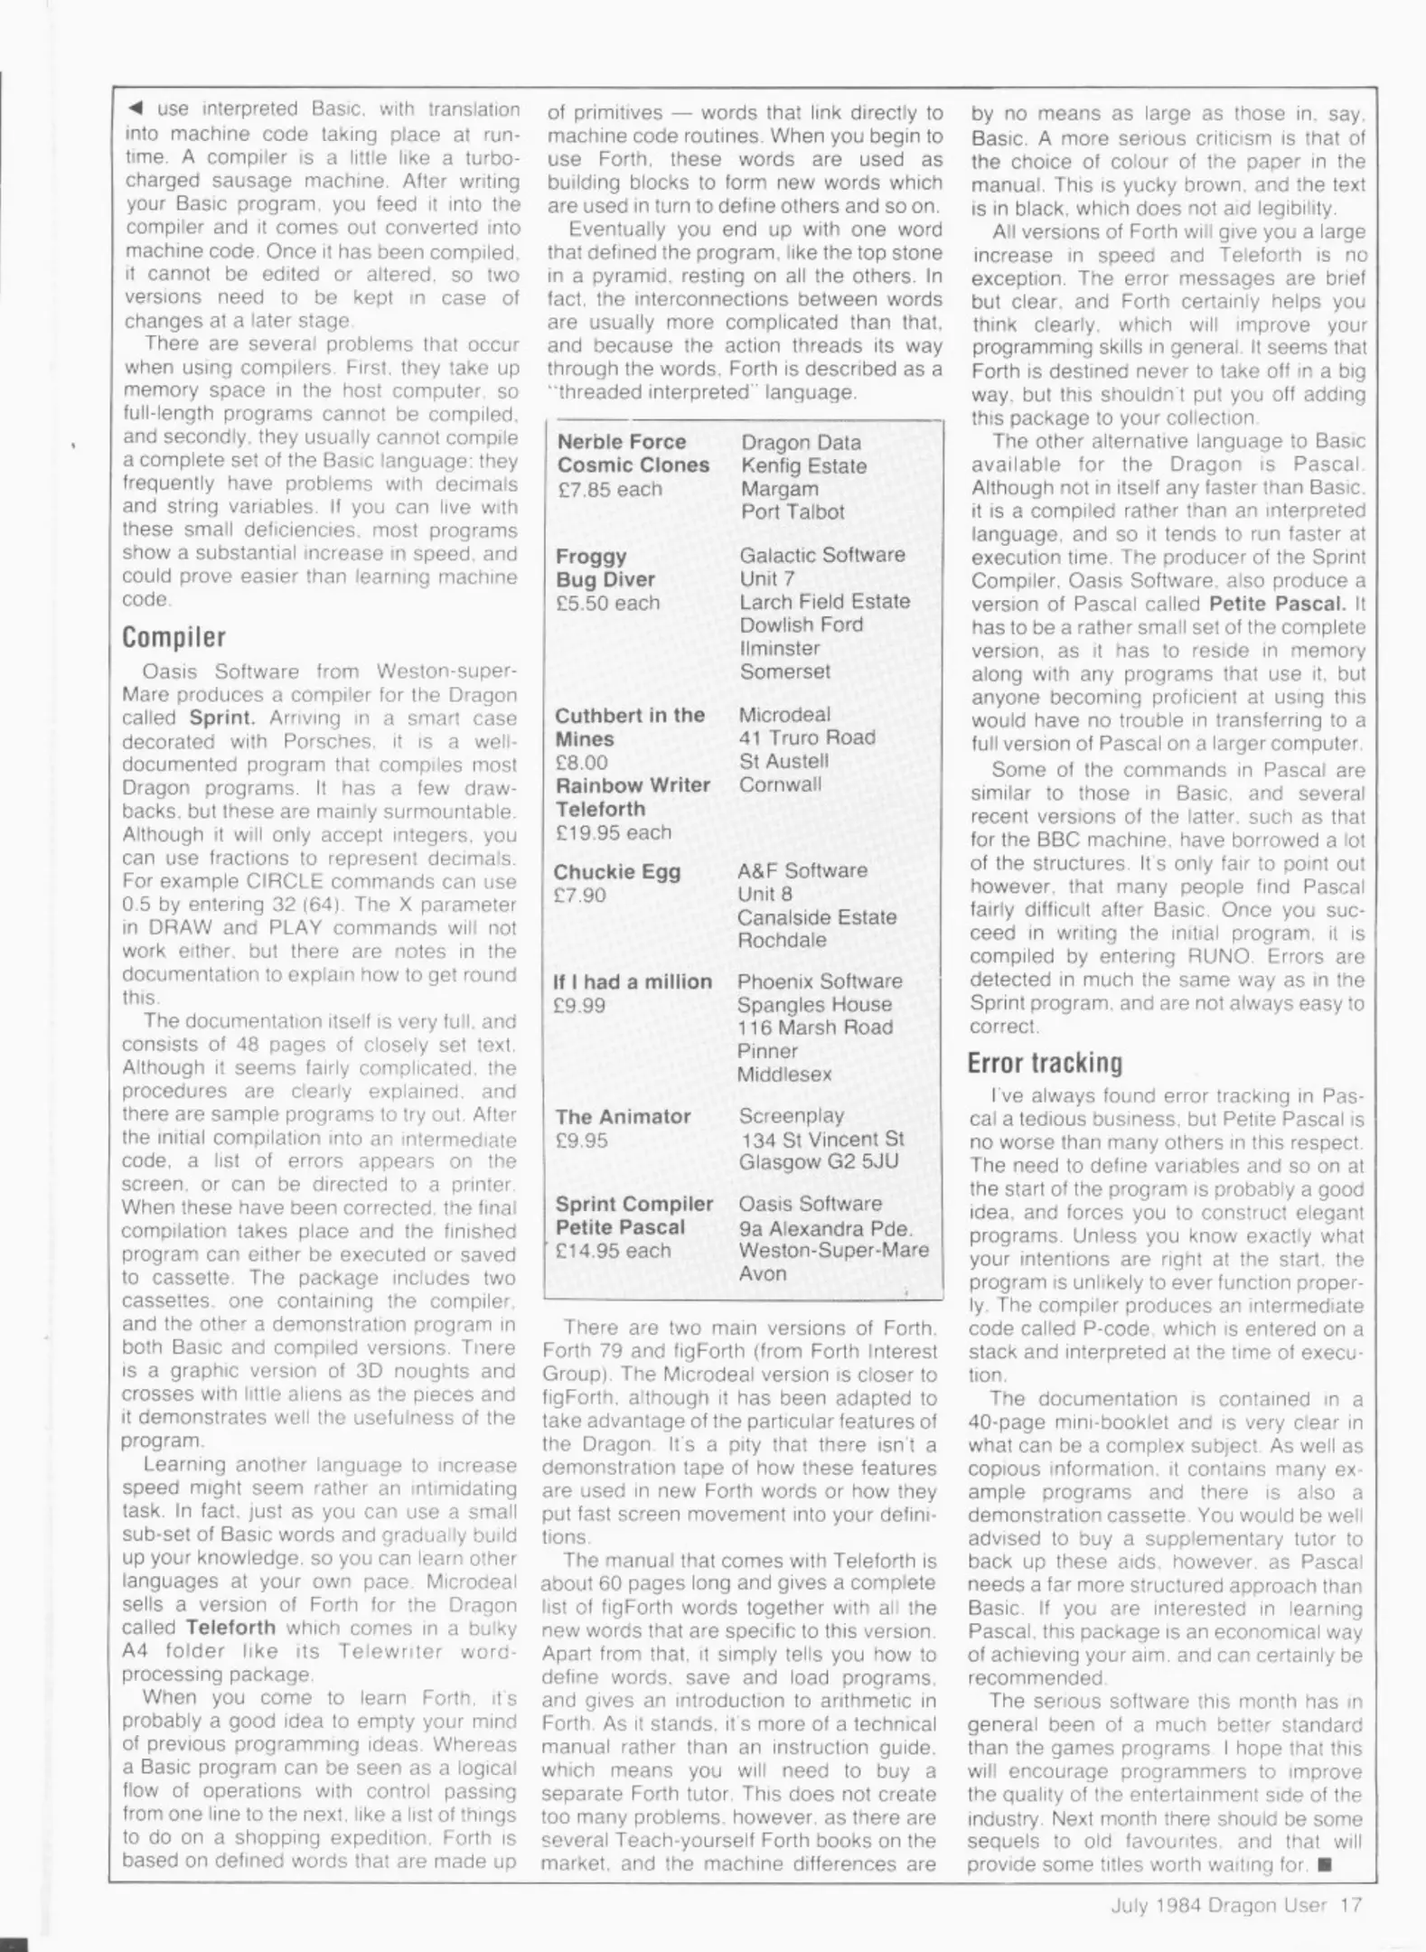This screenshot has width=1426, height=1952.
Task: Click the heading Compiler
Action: tap(174, 637)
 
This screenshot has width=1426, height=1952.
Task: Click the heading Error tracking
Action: tap(1044, 1063)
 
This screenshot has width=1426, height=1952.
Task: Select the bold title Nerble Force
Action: tap(621, 442)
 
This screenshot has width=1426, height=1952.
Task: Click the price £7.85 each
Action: tap(608, 489)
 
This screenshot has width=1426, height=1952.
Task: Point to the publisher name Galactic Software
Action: tap(821, 555)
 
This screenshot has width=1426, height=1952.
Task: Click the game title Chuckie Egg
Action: tap(616, 872)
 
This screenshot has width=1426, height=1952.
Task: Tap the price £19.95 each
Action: tap(613, 832)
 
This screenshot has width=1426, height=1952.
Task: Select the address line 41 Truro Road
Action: tap(807, 737)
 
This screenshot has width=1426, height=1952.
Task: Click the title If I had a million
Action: tap(632, 981)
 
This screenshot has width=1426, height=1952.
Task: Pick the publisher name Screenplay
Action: tap(791, 1116)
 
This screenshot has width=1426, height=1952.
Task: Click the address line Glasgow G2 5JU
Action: tap(818, 1161)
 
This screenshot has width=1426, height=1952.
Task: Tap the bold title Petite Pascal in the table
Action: tap(619, 1227)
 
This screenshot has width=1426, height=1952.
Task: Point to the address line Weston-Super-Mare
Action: tap(833, 1250)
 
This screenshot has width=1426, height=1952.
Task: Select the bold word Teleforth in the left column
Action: tap(230, 1628)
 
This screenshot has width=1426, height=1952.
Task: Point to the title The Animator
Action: tap(623, 1117)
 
